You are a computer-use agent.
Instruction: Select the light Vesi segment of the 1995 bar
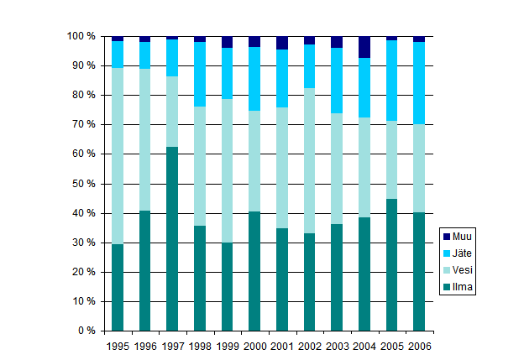click(x=118, y=156)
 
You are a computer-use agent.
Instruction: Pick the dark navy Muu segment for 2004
click(x=364, y=47)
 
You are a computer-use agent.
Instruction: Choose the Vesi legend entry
click(x=461, y=270)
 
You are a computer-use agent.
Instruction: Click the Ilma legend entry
click(x=461, y=287)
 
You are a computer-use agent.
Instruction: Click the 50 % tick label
click(x=84, y=184)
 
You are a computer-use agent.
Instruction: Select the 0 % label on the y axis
click(x=87, y=331)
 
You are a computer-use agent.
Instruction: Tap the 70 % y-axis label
click(x=84, y=124)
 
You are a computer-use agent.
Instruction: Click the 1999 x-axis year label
click(x=227, y=345)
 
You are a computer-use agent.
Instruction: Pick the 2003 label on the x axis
click(x=337, y=345)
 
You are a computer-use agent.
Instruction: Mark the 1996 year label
click(x=145, y=345)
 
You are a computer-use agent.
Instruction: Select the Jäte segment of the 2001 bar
click(x=282, y=79)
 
